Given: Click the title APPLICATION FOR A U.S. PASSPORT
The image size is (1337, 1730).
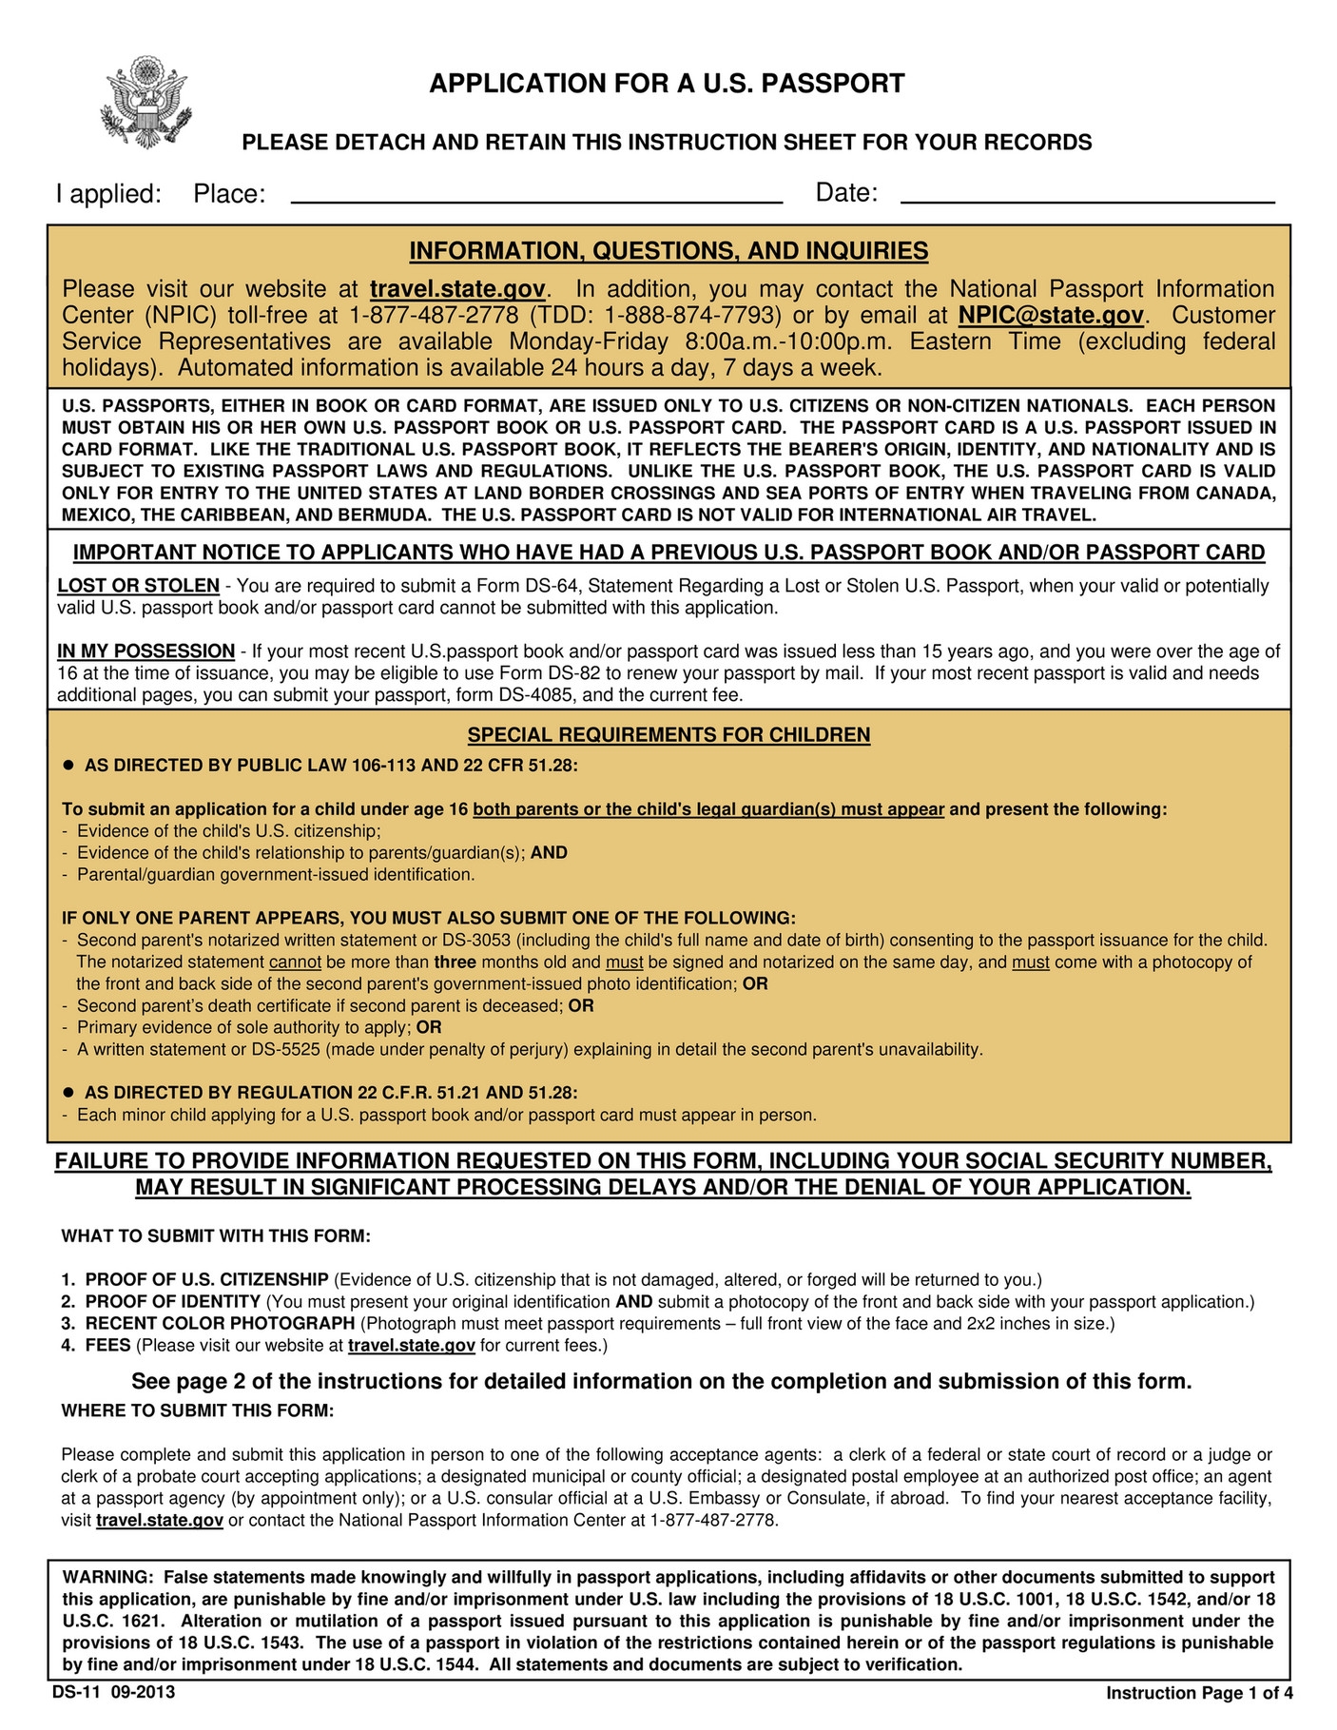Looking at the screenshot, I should pos(667,84).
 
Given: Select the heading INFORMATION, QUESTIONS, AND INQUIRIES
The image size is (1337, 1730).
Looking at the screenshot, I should pos(668,251).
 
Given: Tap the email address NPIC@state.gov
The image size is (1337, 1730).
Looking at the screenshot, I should pos(1050,315).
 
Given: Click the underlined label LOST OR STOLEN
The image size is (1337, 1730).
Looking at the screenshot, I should pos(138,586).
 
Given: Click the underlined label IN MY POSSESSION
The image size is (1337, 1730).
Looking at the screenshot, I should pos(145,651).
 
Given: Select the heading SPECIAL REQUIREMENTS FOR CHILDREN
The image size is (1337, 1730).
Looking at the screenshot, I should pos(668,735).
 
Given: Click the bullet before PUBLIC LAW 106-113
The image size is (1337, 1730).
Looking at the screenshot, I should pos(68,766).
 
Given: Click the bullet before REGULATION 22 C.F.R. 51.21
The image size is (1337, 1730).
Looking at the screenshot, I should pos(68,1093).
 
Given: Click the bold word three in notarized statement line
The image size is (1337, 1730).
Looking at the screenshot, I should pos(455,962).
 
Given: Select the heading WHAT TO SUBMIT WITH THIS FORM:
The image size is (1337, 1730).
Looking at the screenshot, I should pos(216,1236).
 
